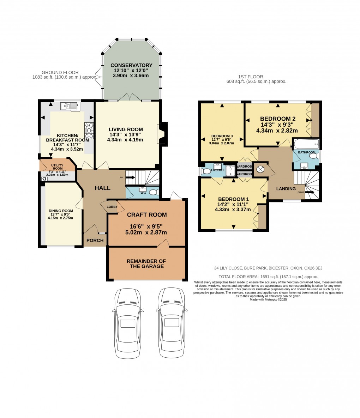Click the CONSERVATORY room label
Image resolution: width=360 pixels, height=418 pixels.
coord(131,65)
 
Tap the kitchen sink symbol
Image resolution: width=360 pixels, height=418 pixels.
coord(70,105)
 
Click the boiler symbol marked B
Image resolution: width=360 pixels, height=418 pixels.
coord(44,179)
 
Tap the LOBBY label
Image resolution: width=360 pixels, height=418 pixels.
coord(112,207)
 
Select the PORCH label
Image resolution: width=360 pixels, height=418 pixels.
coord(95,241)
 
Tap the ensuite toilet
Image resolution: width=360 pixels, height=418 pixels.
coord(206,171)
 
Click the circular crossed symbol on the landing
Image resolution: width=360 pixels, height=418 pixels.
coord(260,169)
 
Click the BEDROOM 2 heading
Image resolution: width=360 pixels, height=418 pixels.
coord(278,119)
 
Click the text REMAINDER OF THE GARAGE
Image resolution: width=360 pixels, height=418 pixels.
coord(146,263)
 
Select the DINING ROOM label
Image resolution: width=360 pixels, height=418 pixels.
coord(61,211)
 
